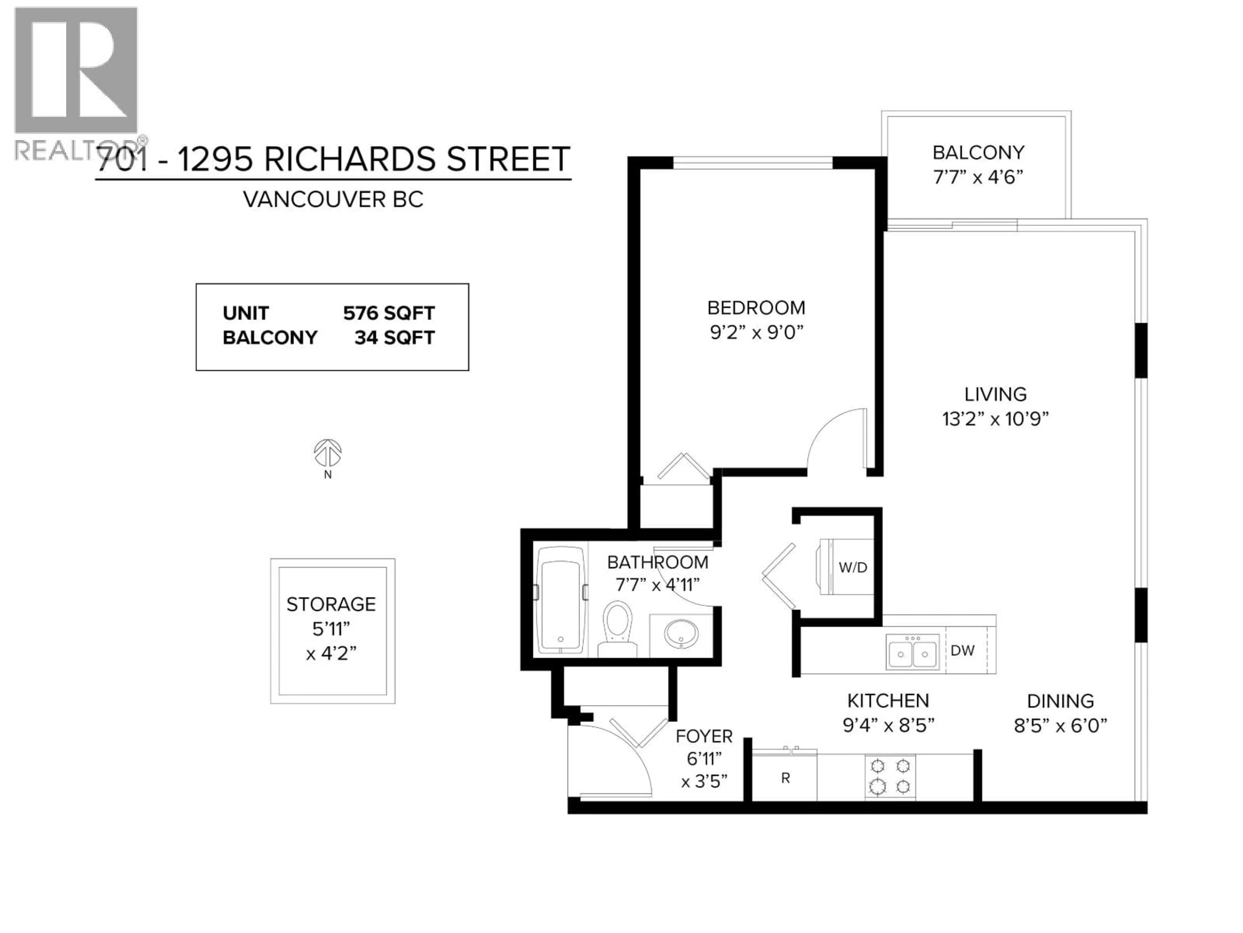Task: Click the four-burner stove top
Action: point(890,777)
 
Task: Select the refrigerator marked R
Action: point(785,778)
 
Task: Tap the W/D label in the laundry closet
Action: point(852,568)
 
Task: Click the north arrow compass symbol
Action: point(328,453)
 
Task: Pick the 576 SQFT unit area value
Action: point(389,313)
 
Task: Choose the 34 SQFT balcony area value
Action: point(395,338)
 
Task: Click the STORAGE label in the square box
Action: point(331,605)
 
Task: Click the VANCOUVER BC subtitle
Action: point(333,200)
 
